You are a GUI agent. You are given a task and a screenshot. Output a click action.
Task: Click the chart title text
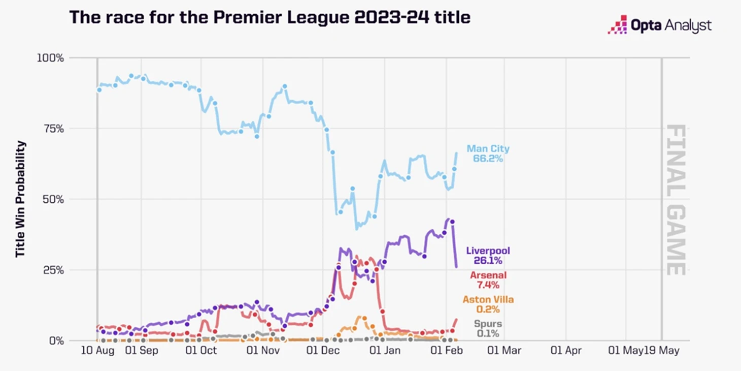coord(270,18)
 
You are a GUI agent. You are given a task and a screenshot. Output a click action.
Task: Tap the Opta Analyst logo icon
coord(618,25)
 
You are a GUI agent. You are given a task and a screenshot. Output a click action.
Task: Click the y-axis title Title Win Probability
coord(20,199)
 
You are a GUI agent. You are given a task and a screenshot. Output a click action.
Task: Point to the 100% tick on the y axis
coord(51,58)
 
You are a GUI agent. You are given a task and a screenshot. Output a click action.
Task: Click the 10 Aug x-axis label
coord(97,351)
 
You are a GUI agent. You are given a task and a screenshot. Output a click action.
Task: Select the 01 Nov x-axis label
coord(262,351)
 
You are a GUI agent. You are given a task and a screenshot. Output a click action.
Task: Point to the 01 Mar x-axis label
coord(504,351)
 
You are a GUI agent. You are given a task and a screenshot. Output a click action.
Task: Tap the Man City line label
coord(488,149)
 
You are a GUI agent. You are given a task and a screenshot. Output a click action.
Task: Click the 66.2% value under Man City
coord(488,159)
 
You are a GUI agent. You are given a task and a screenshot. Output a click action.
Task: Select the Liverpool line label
coord(488,251)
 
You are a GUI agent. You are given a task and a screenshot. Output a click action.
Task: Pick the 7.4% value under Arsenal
coord(488,285)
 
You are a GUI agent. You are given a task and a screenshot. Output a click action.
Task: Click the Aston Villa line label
coord(488,300)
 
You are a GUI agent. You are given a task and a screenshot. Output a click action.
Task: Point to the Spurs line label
coord(488,324)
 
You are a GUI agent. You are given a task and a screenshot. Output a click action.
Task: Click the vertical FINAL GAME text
coord(676,199)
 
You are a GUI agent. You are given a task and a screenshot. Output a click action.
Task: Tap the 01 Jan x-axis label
coord(385,351)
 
